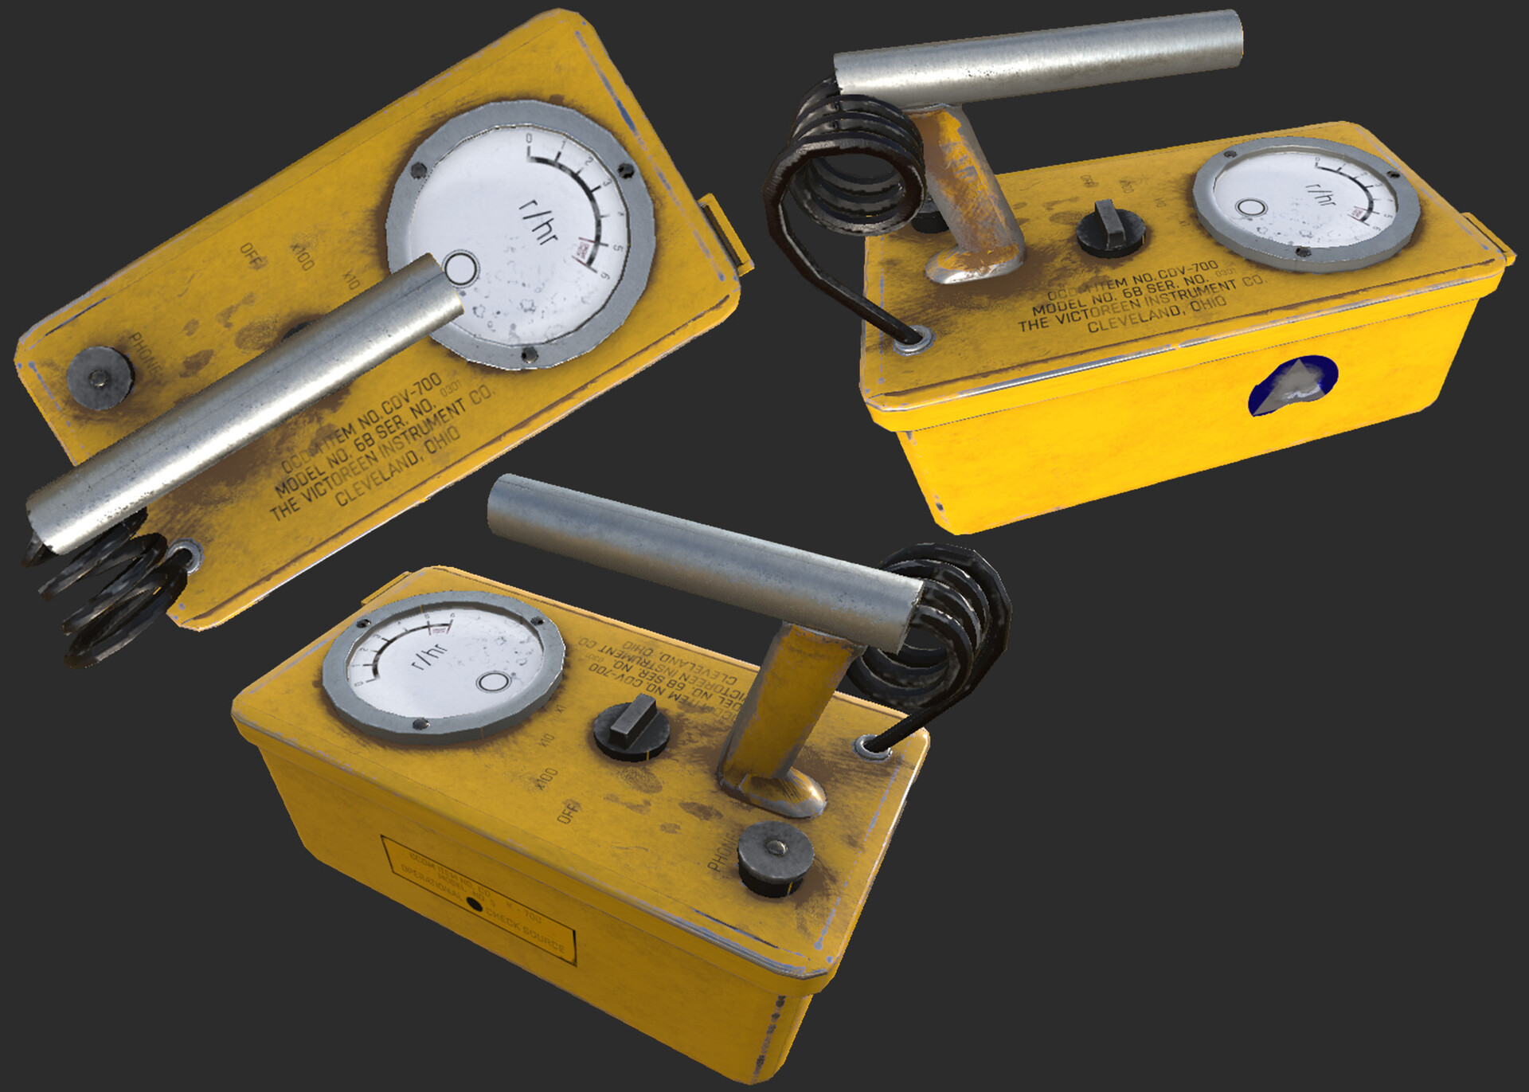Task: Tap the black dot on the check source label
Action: pos(474,905)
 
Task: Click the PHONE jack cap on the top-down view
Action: pos(100,378)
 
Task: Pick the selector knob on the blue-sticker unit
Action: pos(1110,228)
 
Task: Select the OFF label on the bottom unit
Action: pos(569,812)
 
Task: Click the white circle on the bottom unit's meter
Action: pos(493,682)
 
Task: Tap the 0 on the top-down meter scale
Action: pos(529,139)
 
